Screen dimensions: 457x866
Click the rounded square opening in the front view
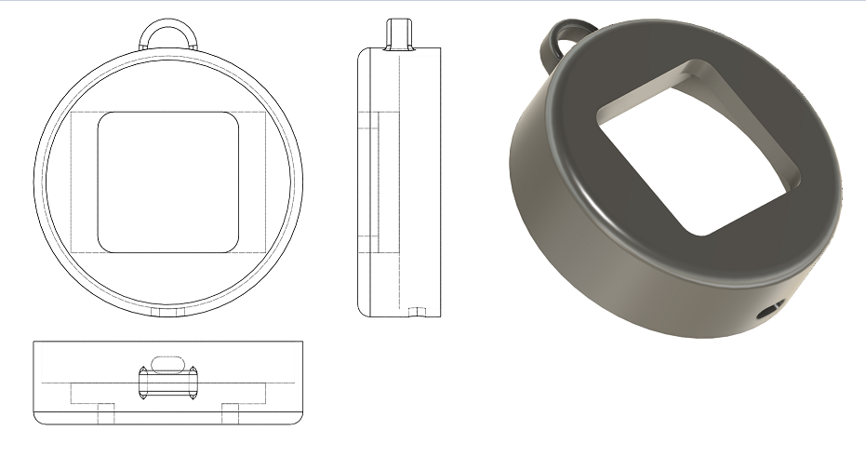pyautogui.click(x=168, y=182)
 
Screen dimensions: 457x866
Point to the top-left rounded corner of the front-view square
pyautogui.click(x=104, y=120)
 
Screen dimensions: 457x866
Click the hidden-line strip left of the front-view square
pyautogui.click(x=84, y=182)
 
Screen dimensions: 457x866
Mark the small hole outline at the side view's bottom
pyautogui.click(x=418, y=311)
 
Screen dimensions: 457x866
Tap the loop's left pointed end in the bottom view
pyautogui.click(x=140, y=383)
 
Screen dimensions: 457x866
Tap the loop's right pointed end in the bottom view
pyautogui.click(x=194, y=383)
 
